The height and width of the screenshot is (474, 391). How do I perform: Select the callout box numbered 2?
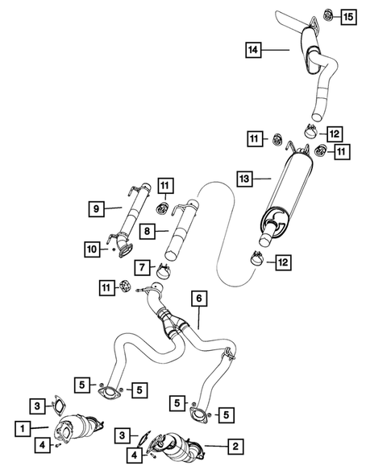coord(235,444)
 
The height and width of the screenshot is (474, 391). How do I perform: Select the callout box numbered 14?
coord(255,51)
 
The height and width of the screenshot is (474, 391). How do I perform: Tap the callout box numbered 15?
coord(347,16)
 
